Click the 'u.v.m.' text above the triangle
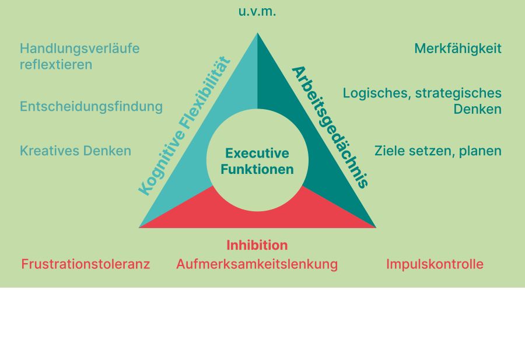257,11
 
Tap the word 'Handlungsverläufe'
79,48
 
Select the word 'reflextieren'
56,64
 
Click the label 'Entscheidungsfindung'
91,106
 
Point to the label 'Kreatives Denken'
75,151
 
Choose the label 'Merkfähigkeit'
458,48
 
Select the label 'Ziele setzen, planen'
437,151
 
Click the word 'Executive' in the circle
257,153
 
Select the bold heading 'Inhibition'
257,245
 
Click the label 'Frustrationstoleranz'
86,264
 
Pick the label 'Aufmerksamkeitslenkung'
257,264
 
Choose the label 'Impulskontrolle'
435,264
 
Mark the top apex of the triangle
257,34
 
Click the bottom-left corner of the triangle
139,227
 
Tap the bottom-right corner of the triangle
375,227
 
